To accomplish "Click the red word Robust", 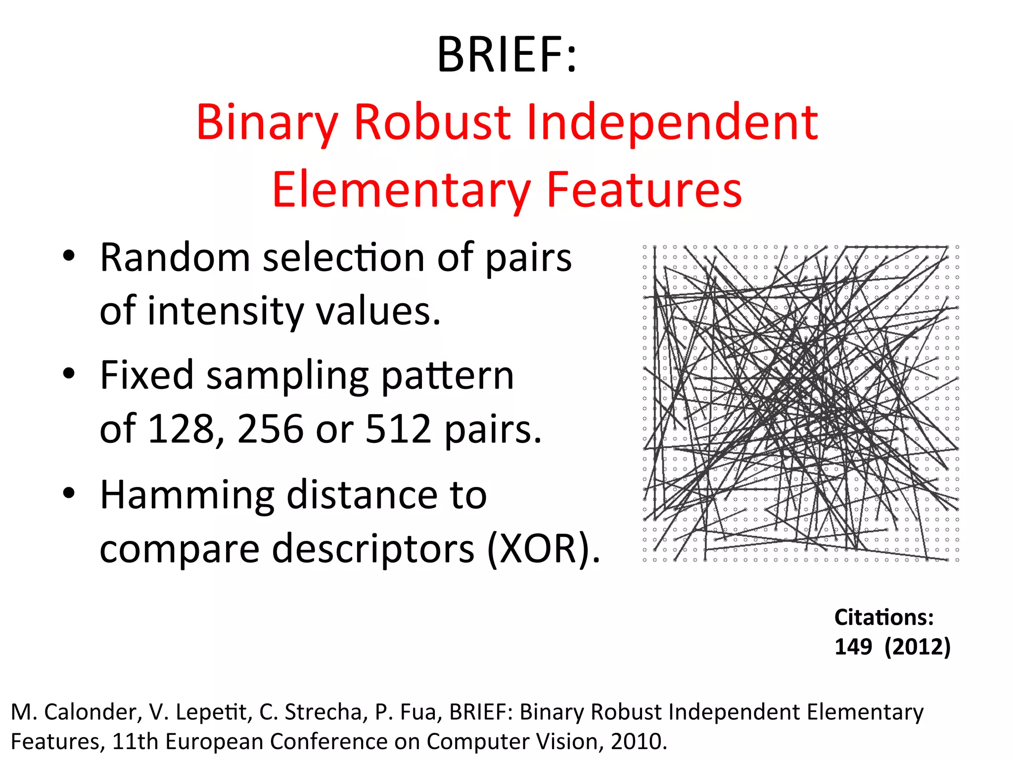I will click(432, 122).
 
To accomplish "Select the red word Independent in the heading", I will click(672, 122).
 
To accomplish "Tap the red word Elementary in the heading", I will click(401, 190).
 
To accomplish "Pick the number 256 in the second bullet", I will click(270, 428).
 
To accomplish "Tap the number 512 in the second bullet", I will click(398, 428).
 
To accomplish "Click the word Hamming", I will click(187, 496).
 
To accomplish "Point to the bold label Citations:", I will click(884, 617).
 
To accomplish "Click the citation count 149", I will click(853, 647).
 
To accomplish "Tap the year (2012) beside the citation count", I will click(918, 647).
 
